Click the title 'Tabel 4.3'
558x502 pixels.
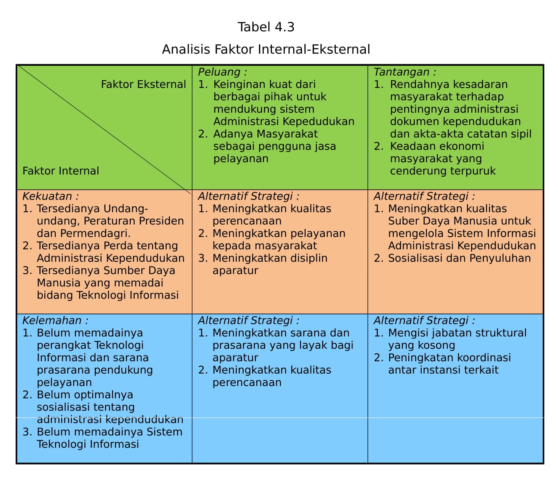click(x=266, y=27)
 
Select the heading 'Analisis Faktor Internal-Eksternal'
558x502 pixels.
click(x=266, y=49)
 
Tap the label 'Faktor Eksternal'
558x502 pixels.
click(x=143, y=84)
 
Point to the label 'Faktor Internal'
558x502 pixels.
click(x=61, y=171)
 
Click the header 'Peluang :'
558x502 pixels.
click(x=222, y=72)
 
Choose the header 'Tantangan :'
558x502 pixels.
click(x=404, y=72)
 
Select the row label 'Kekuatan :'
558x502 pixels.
click(x=50, y=196)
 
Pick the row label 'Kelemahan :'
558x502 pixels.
click(x=55, y=320)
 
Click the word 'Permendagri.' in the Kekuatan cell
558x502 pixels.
click(x=95, y=234)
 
